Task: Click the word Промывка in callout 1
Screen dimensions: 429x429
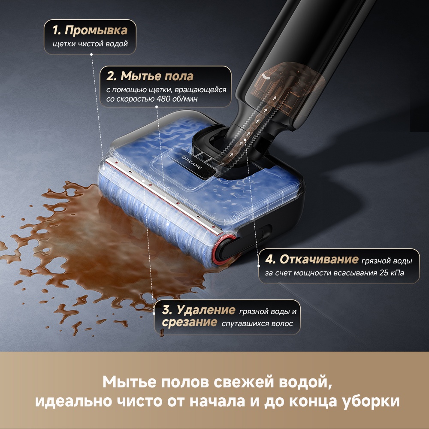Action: tap(96, 31)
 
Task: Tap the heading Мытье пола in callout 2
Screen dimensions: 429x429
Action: tap(156, 76)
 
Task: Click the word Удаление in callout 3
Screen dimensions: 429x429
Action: tap(206, 310)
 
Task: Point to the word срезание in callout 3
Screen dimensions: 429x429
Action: tap(189, 323)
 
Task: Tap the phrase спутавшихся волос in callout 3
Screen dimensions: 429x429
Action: tap(257, 323)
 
